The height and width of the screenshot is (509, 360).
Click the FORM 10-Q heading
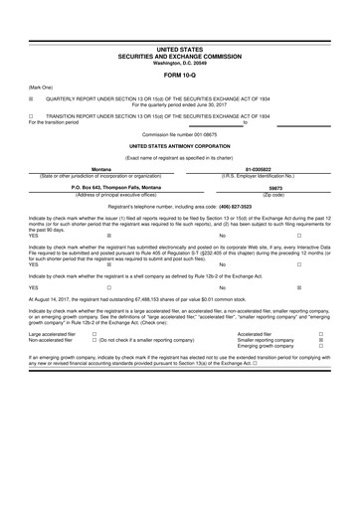click(x=179, y=75)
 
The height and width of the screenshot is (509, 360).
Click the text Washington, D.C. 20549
click(x=179, y=63)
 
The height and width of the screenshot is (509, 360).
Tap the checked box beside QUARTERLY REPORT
click(x=31, y=98)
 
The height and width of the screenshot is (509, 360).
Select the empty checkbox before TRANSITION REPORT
click(x=31, y=115)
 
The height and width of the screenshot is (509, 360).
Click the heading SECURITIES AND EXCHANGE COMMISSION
click(x=179, y=56)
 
